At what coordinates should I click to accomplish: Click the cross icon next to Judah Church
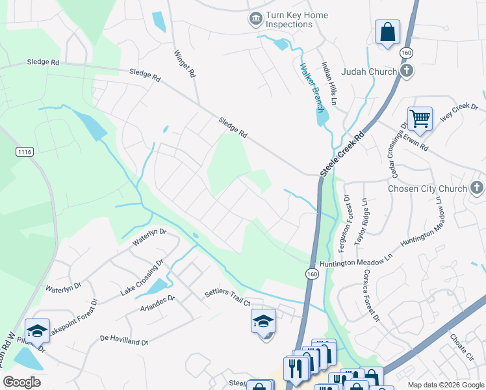(x=407, y=71)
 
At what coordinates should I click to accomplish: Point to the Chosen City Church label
(x=427, y=188)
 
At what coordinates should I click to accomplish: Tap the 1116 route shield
(x=25, y=151)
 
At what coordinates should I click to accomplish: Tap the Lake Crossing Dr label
(x=142, y=278)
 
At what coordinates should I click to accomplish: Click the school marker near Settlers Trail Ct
(x=263, y=321)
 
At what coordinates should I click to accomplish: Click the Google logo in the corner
(x=22, y=382)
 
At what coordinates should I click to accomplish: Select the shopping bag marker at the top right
(x=387, y=31)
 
